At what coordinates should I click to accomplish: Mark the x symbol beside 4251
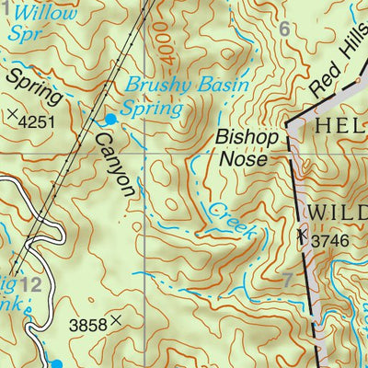click(x=12, y=115)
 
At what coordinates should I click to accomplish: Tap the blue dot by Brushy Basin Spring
click(x=110, y=119)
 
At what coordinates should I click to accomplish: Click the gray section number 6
click(x=284, y=29)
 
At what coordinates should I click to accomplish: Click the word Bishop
click(x=246, y=137)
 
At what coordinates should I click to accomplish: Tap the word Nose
click(x=243, y=158)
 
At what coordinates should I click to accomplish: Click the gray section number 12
click(x=29, y=285)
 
